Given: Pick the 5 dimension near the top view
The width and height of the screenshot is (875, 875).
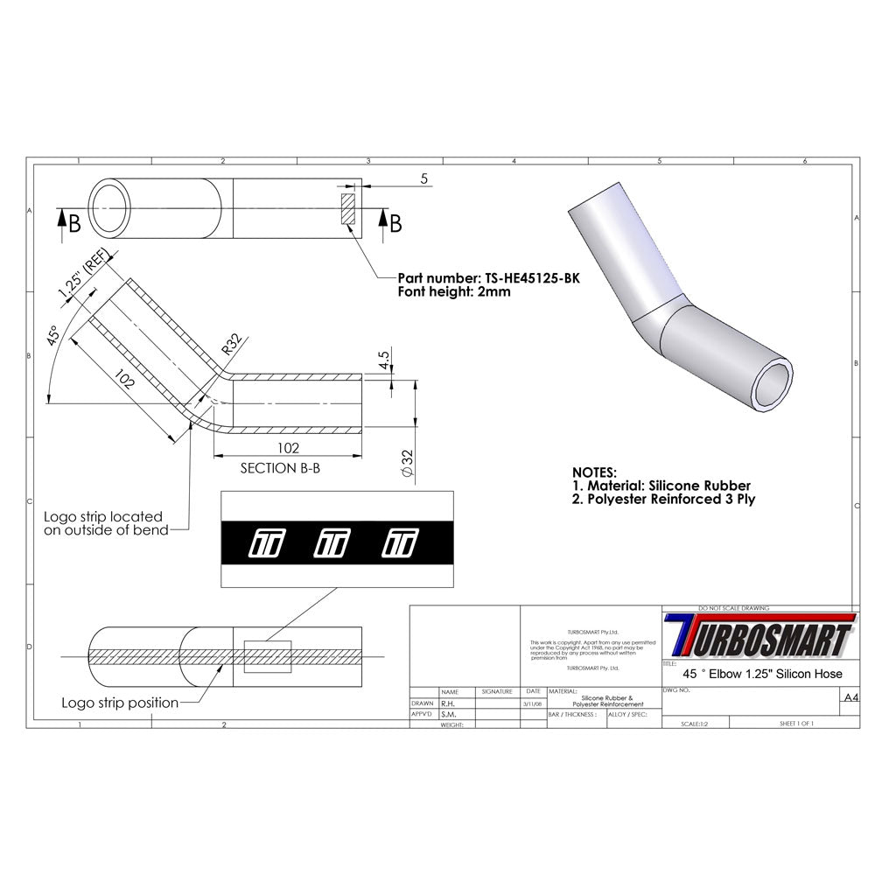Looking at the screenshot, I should click(423, 178).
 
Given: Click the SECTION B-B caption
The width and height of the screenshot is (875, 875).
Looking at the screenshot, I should click(280, 468).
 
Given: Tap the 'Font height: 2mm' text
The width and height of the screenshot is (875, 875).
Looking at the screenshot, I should click(454, 292).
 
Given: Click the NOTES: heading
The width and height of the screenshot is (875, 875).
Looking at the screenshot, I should click(594, 471).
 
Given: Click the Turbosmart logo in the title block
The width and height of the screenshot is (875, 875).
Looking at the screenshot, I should click(758, 636).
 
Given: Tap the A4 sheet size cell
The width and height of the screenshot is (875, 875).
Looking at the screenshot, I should click(847, 697).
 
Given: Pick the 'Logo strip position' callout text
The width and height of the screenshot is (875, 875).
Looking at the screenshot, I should click(120, 703).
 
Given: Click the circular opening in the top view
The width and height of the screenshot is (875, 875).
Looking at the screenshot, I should click(111, 208).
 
